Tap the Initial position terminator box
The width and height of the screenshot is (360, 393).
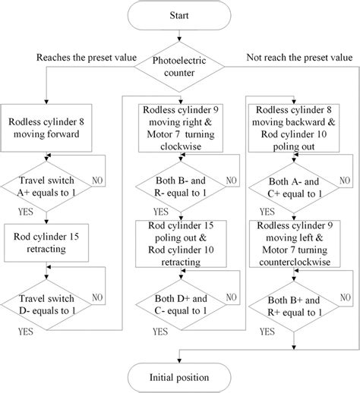tap(180, 376)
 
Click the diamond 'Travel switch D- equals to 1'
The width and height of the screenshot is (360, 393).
tap(47, 302)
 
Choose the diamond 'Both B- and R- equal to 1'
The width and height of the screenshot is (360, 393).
tap(180, 187)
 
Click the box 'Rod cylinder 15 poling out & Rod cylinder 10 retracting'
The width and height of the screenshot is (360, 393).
tap(180, 244)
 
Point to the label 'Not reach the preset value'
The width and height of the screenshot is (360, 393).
tap(298, 58)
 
